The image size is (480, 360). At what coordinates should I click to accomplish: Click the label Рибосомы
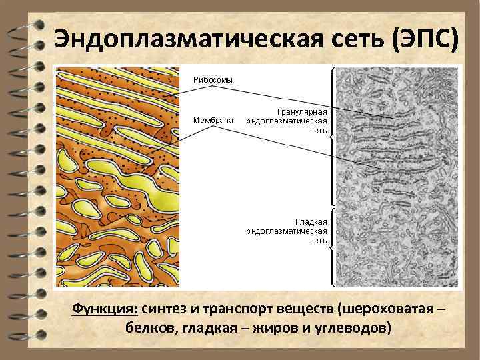(213, 79)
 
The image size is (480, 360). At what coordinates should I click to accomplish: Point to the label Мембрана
(213, 120)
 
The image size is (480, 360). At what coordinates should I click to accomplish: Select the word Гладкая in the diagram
(310, 220)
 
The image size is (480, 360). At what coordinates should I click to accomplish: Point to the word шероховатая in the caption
(383, 310)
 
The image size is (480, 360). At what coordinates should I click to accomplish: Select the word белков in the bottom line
(148, 329)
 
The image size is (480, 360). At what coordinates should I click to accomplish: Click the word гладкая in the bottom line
(203, 329)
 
